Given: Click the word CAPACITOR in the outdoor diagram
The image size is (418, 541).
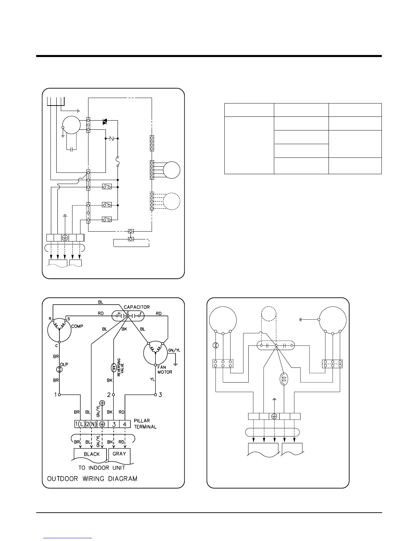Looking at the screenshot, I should pyautogui.click(x=137, y=307).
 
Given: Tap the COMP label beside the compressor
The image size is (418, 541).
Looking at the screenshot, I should pyautogui.click(x=77, y=326).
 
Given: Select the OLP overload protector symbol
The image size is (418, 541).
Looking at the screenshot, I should pyautogui.click(x=59, y=369).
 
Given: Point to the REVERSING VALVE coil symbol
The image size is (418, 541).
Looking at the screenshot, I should pyautogui.click(x=113, y=367).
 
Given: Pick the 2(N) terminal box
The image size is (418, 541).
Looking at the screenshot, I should pyautogui.click(x=91, y=424).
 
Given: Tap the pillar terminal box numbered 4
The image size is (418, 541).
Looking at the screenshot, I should pyautogui.click(x=125, y=424).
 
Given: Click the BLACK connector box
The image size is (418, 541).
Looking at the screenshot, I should pyautogui.click(x=92, y=454).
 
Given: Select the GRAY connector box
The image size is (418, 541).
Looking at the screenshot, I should pyautogui.click(x=119, y=454).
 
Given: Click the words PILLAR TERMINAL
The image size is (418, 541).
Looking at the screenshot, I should pyautogui.click(x=145, y=424).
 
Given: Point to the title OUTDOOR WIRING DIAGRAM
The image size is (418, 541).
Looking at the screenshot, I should pyautogui.click(x=92, y=478).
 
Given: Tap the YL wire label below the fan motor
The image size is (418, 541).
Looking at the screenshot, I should pyautogui.click(x=152, y=379).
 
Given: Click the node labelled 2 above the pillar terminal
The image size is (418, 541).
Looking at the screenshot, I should pyautogui.click(x=113, y=395).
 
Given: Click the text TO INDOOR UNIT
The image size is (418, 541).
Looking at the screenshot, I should pyautogui.click(x=102, y=468).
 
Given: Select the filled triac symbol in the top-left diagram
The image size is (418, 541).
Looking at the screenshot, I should pyautogui.click(x=105, y=122).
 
